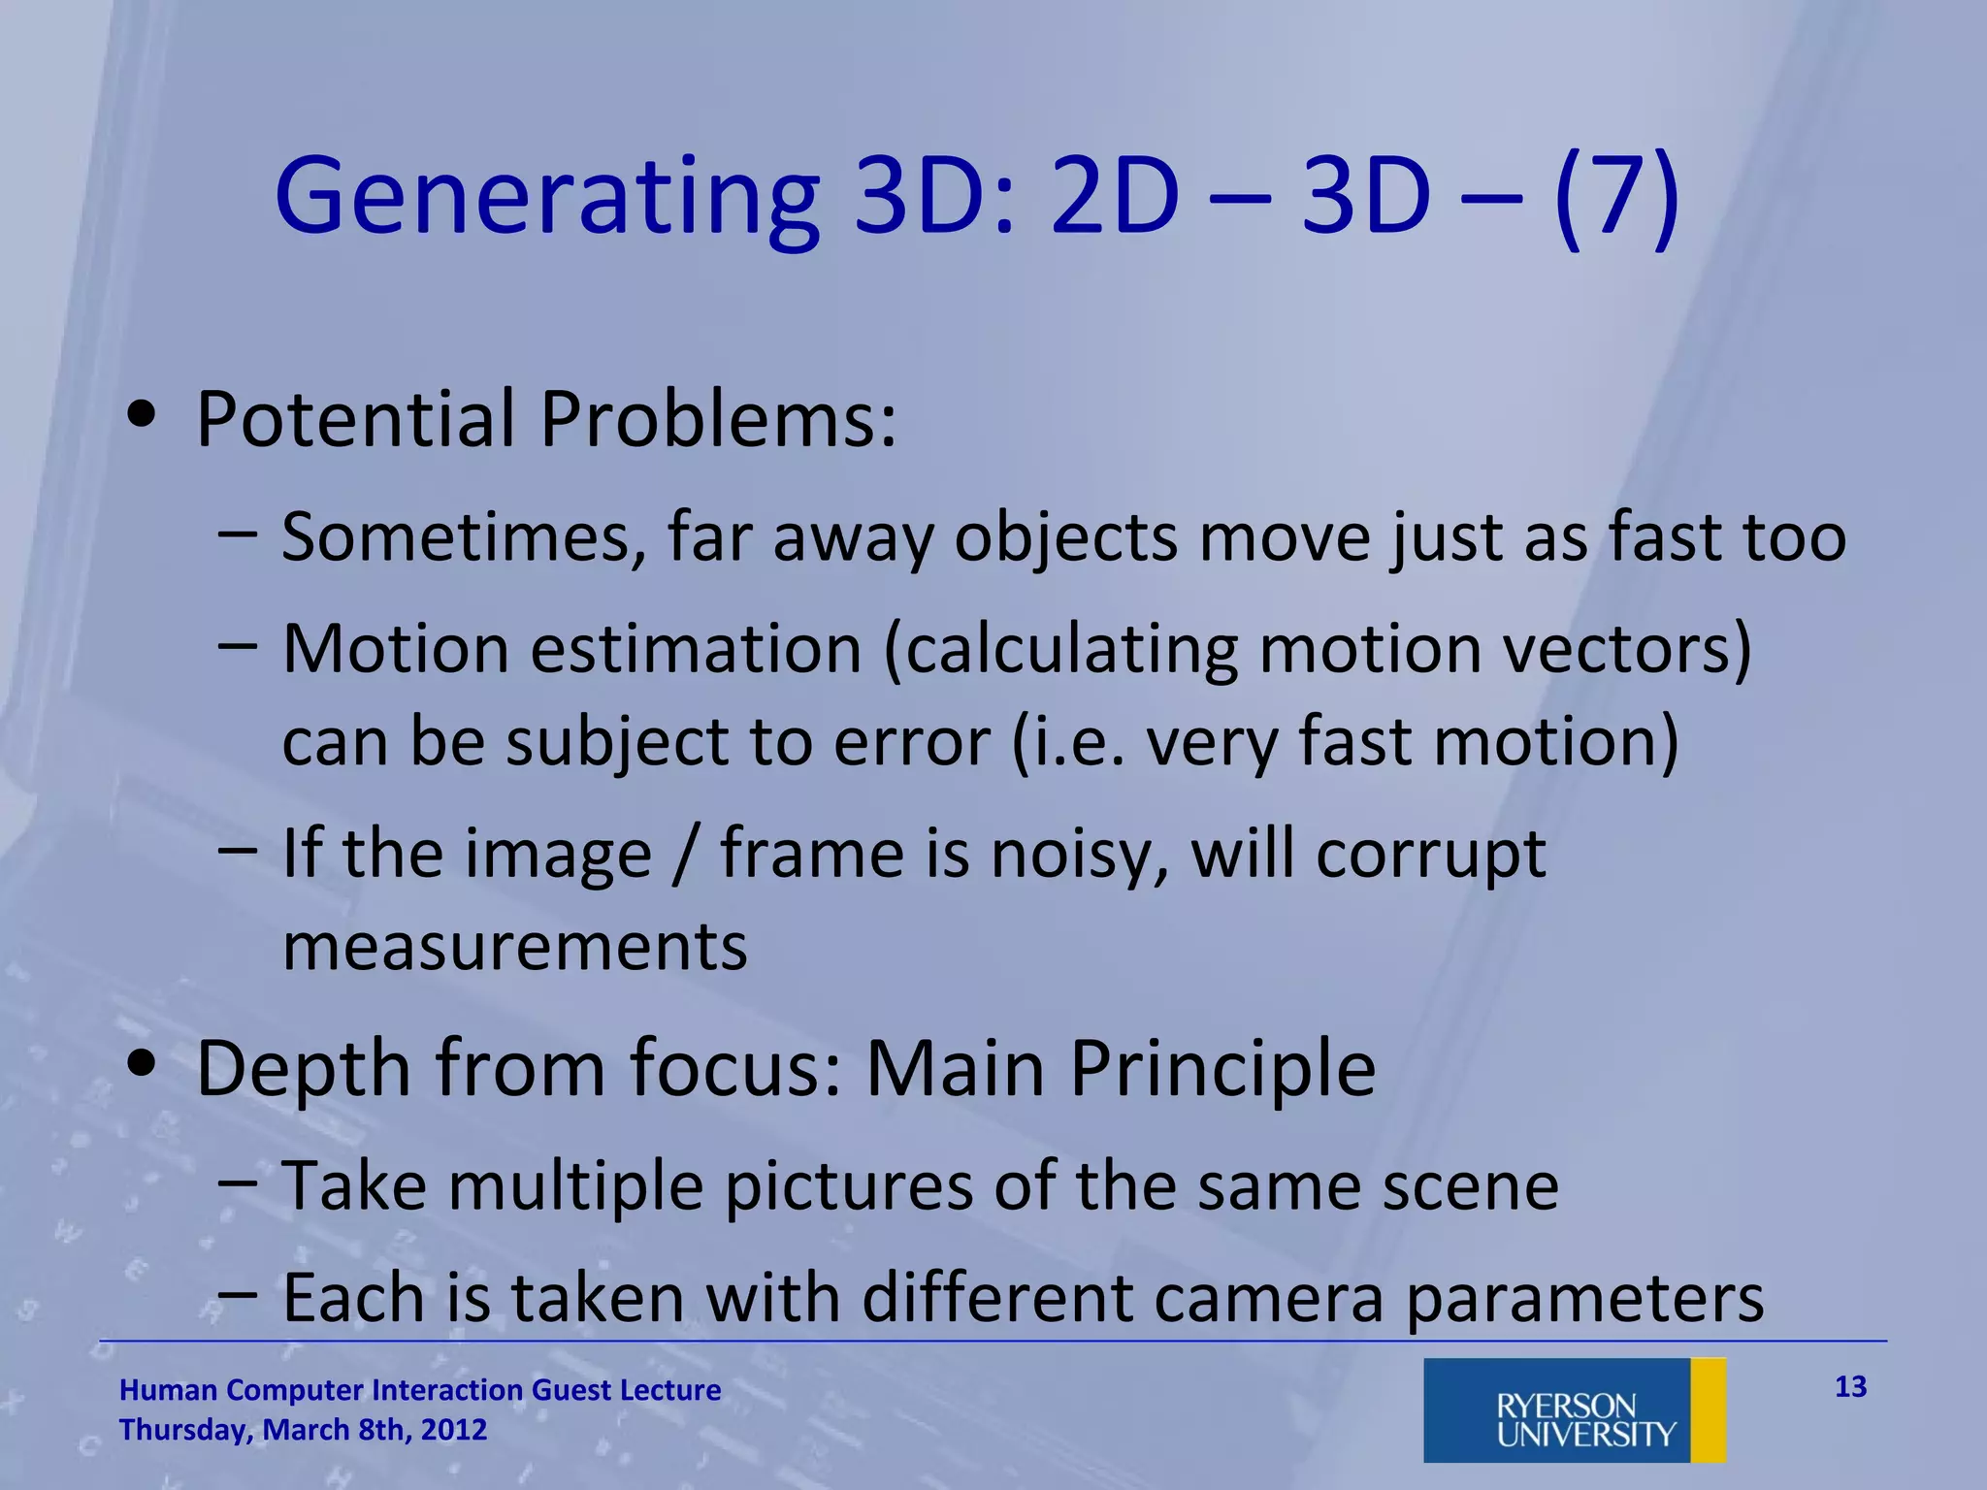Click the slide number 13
1850,1387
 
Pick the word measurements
515,947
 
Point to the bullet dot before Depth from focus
142,1064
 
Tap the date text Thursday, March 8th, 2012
303,1430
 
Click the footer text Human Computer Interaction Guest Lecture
420,1390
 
